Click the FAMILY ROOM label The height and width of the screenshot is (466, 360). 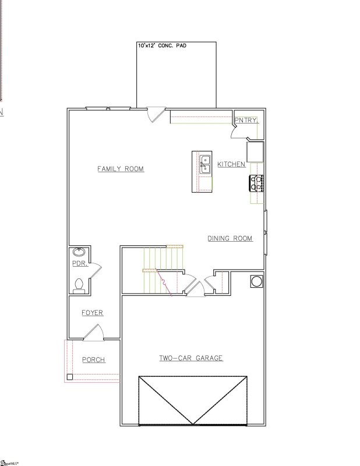pyautogui.click(x=120, y=169)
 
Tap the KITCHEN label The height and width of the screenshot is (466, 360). pyautogui.click(x=231, y=164)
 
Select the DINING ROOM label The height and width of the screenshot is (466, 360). pyautogui.click(x=230, y=238)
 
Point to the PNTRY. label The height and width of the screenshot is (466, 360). pyautogui.click(x=246, y=121)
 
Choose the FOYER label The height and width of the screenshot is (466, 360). pyautogui.click(x=92, y=313)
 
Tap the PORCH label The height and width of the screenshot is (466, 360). pyautogui.click(x=93, y=360)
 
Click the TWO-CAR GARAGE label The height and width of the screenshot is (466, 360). pyautogui.click(x=191, y=358)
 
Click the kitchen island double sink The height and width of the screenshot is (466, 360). pyautogui.click(x=205, y=164)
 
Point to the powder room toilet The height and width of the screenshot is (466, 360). pyautogui.click(x=79, y=285)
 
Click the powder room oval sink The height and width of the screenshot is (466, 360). pyautogui.click(x=79, y=253)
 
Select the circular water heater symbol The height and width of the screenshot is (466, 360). pyautogui.click(x=256, y=281)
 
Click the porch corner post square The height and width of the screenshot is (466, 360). pyautogui.click(x=70, y=377)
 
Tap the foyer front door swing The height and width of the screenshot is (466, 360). pyautogui.click(x=93, y=333)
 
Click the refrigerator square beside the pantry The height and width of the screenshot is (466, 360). pyautogui.click(x=255, y=151)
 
